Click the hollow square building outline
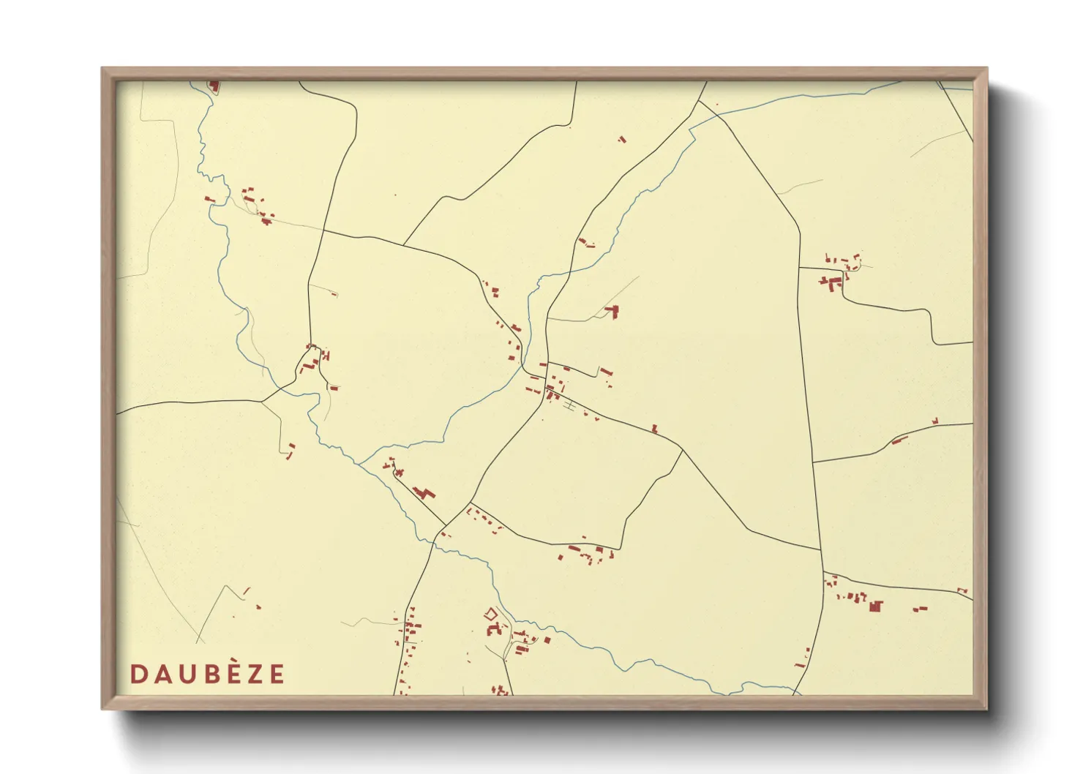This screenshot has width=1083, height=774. [x=491, y=614]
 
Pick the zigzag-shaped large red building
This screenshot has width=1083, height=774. [x=422, y=492]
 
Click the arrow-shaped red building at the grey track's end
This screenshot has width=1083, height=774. [x=612, y=312]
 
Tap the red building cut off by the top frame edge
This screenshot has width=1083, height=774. [x=214, y=86]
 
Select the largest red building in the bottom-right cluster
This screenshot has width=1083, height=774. [x=875, y=606]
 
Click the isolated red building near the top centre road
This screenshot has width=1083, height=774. [x=622, y=138]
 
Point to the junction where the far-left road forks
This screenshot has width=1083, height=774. [x=262, y=401]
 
